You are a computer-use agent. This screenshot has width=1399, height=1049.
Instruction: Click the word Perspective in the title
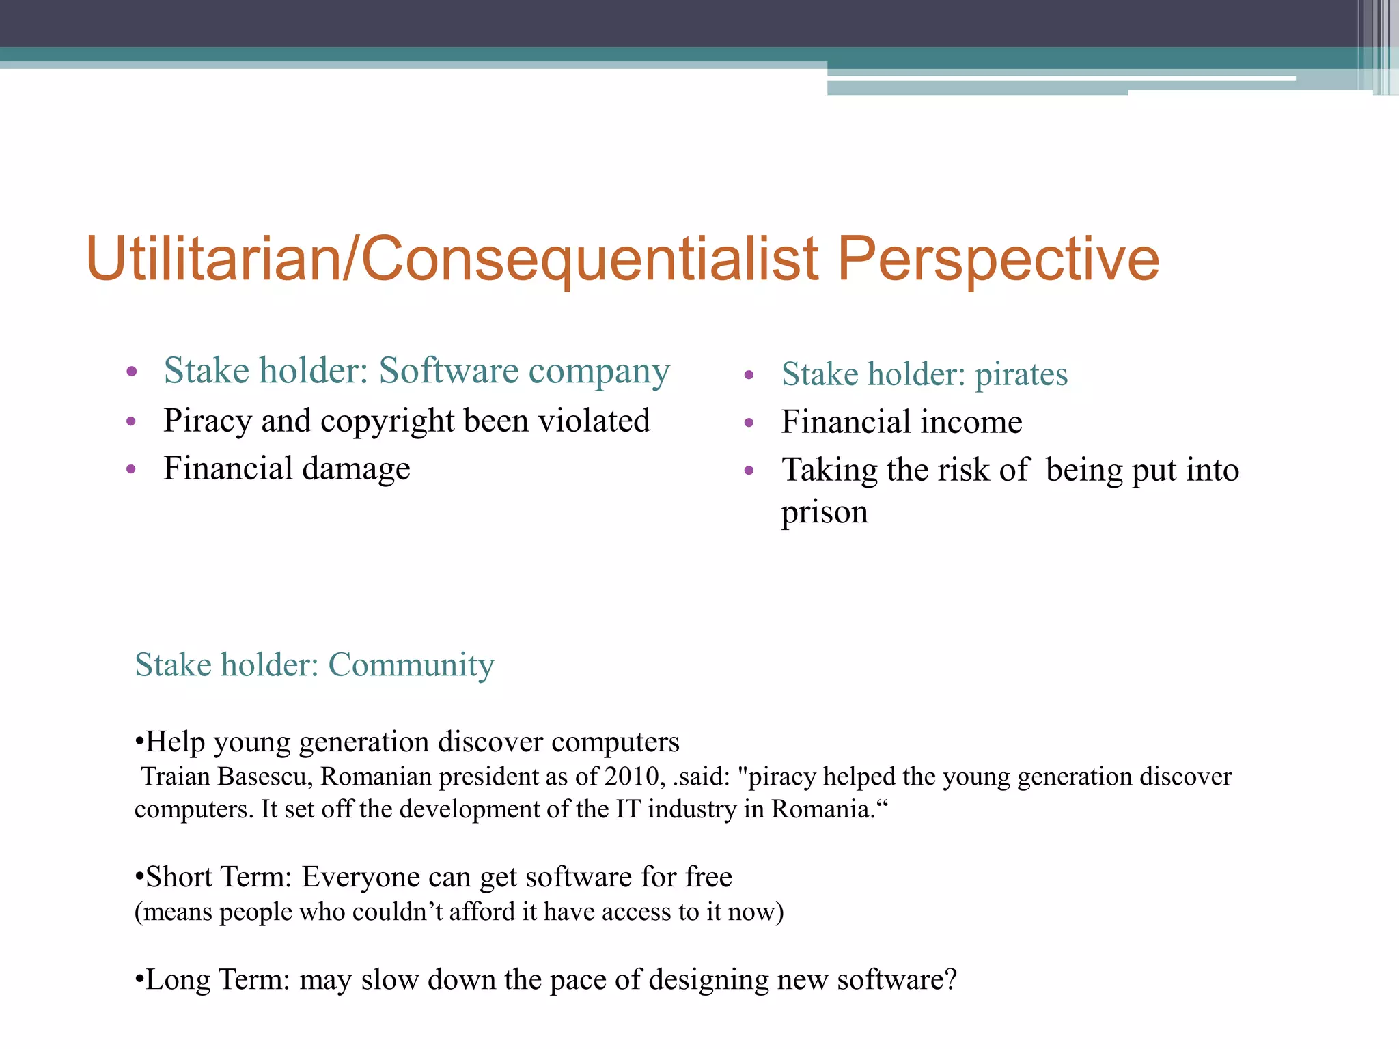[x=998, y=260]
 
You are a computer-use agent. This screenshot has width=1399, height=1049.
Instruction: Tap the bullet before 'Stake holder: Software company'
[x=132, y=372]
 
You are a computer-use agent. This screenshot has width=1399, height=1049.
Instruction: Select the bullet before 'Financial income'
[x=749, y=423]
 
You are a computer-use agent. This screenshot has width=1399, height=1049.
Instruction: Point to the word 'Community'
[x=411, y=665]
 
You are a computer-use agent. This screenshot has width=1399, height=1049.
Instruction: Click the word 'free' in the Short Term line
[x=709, y=878]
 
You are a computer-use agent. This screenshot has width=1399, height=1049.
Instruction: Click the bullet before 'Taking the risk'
[x=749, y=471]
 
